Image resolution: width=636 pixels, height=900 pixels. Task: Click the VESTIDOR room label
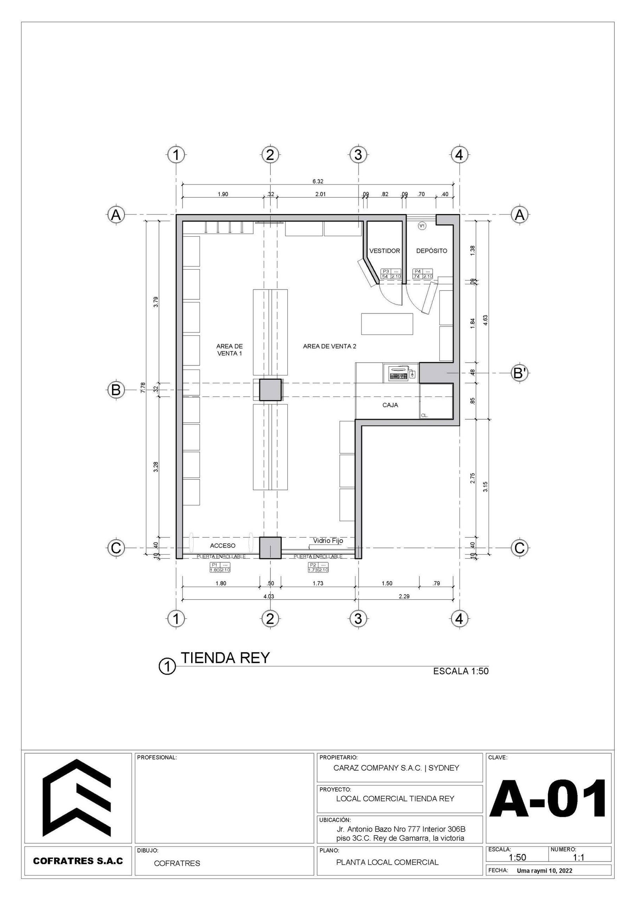(x=384, y=251)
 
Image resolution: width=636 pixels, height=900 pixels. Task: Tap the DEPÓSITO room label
(x=432, y=251)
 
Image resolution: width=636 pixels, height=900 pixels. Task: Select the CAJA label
(x=390, y=405)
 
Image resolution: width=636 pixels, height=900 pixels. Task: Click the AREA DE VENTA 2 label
(x=330, y=346)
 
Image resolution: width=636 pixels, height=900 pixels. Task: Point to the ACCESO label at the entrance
(x=223, y=546)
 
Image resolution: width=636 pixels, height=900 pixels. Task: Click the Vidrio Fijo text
(x=328, y=541)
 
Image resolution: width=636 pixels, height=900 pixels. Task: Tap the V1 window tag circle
(x=422, y=226)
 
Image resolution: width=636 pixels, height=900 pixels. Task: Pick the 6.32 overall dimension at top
(x=318, y=181)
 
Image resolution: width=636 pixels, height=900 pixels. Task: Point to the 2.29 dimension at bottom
(x=404, y=607)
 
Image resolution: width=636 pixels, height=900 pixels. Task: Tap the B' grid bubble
(x=519, y=373)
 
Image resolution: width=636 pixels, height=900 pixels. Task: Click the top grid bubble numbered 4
(x=459, y=154)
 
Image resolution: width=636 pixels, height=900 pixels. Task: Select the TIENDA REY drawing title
(x=225, y=658)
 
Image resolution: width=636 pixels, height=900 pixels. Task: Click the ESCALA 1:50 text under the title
(x=461, y=672)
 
